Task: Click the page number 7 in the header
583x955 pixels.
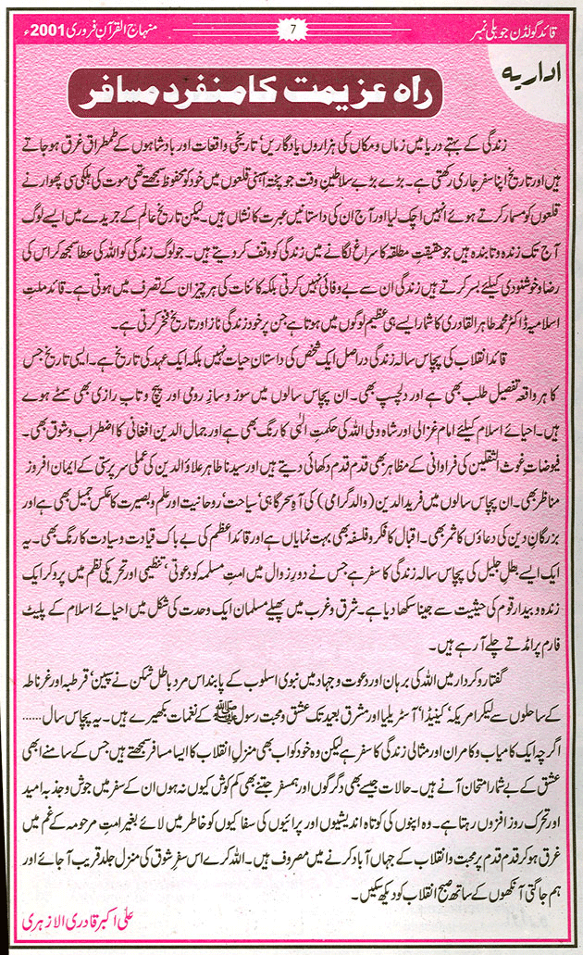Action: click(292, 29)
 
